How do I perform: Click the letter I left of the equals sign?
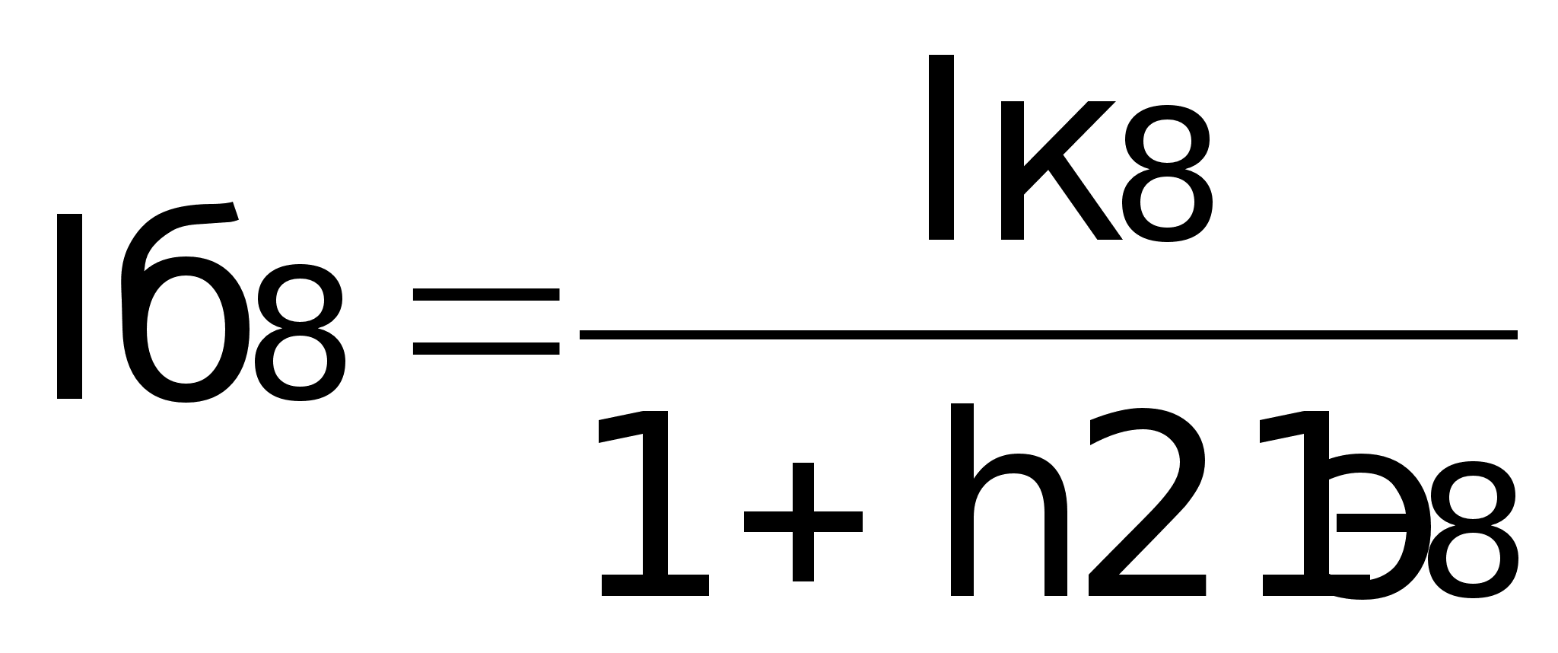click(x=69, y=307)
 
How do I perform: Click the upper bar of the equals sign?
click(x=485, y=295)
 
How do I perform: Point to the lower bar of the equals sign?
click(x=485, y=349)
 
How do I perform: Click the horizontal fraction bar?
click(x=1048, y=335)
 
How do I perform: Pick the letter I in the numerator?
click(x=941, y=148)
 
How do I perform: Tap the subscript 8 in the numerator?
click(x=1165, y=173)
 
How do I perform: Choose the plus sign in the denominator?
click(x=803, y=522)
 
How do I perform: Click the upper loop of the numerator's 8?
click(x=1165, y=137)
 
